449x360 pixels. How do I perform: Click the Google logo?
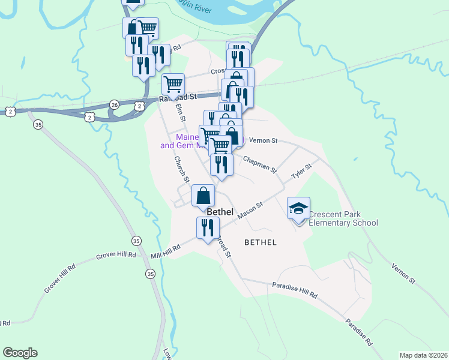(x=20, y=353)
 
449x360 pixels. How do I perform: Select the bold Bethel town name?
(x=220, y=212)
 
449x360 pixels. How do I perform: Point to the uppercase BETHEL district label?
(x=261, y=242)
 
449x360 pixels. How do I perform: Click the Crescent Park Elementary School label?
(x=343, y=219)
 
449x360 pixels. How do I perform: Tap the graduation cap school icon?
(x=298, y=208)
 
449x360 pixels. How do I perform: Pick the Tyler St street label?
(x=302, y=171)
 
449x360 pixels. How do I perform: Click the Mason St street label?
(x=250, y=211)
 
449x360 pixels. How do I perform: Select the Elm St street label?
(x=179, y=112)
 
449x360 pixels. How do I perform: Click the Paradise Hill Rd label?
(x=294, y=290)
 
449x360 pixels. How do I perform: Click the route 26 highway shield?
(x=114, y=104)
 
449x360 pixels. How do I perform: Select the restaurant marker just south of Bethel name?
(x=207, y=228)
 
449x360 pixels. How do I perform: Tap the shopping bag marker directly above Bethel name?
(x=203, y=195)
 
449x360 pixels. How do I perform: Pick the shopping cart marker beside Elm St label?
(x=173, y=83)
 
